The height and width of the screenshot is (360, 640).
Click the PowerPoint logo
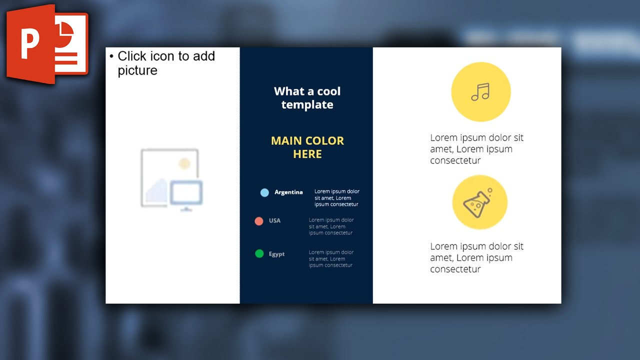pyautogui.click(x=47, y=43)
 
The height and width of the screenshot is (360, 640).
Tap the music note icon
pyautogui.click(x=480, y=91)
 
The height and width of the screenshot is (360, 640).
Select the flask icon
pyautogui.click(x=479, y=202)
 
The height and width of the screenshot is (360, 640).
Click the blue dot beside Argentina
pyautogui.click(x=264, y=192)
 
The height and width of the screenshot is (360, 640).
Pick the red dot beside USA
pyautogui.click(x=259, y=221)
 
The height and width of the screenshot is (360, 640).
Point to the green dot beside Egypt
pyautogui.click(x=259, y=254)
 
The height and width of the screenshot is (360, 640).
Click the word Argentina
pyautogui.click(x=288, y=192)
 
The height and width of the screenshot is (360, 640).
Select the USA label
pyautogui.click(x=274, y=220)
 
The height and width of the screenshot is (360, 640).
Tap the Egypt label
pyautogui.click(x=276, y=254)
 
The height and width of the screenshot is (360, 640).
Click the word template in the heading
pyautogui.click(x=307, y=105)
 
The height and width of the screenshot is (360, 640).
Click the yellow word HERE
pyautogui.click(x=307, y=154)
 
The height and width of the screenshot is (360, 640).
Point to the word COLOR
pyautogui.click(x=325, y=141)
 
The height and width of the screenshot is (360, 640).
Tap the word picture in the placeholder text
pyautogui.click(x=137, y=70)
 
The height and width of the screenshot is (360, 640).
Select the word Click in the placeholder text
pyautogui.click(x=132, y=56)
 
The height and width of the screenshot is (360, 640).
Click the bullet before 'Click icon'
pyautogui.click(x=111, y=56)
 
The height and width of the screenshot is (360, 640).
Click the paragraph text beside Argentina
pyautogui.click(x=336, y=198)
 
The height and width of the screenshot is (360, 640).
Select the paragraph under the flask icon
pyautogui.click(x=476, y=257)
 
